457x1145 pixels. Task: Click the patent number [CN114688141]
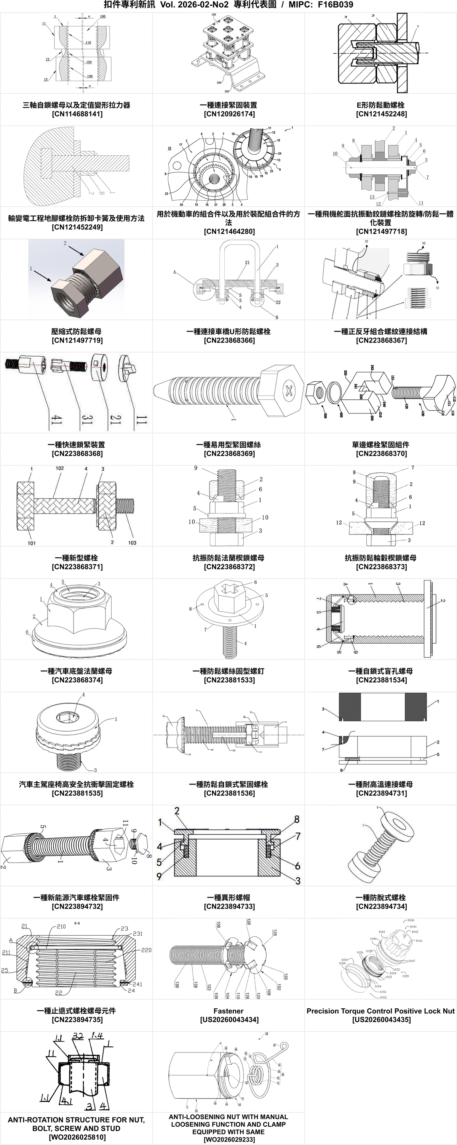[77, 114]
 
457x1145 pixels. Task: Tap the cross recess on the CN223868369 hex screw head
[289, 391]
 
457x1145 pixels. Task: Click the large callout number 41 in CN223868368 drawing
[56, 419]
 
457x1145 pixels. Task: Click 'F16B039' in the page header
[335, 5]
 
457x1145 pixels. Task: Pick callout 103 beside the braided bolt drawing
[132, 543]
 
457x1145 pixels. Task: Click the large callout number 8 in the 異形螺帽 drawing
[297, 819]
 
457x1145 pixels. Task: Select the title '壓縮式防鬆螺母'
[77, 331]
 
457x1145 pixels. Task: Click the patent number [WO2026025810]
[77, 1137]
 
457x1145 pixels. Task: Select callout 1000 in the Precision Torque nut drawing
[410, 920]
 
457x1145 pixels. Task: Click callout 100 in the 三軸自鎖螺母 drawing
[103, 16]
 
